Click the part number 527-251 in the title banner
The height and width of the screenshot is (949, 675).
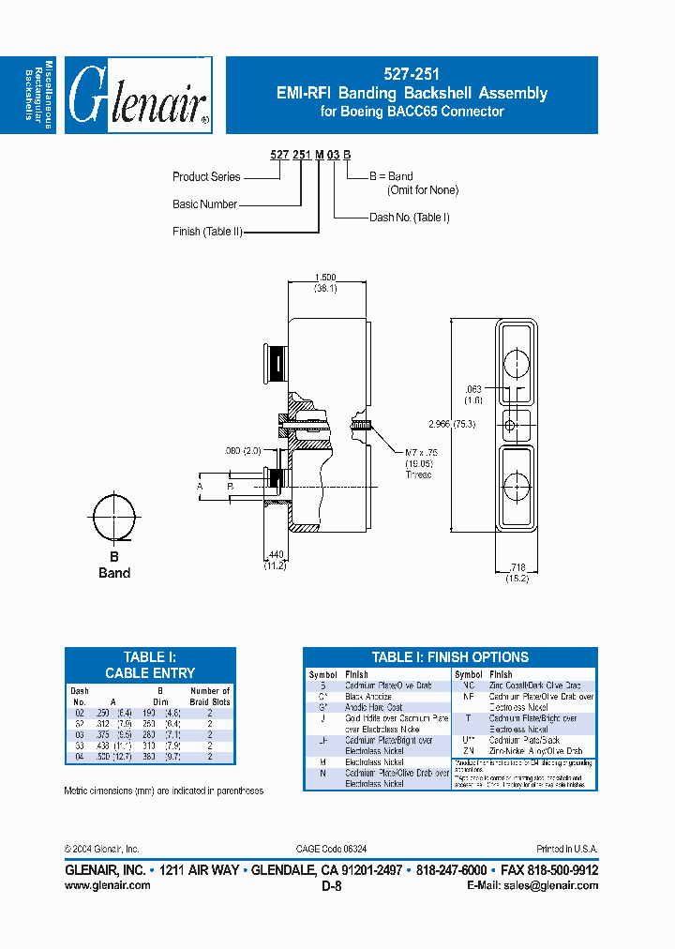(412, 73)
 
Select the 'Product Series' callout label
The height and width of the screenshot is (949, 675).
(206, 176)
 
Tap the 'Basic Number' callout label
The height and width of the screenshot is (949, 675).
(204, 203)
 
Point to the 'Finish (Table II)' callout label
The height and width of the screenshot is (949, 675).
(207, 231)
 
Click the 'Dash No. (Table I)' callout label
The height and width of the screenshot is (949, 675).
(410, 218)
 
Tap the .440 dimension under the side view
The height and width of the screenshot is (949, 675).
(273, 557)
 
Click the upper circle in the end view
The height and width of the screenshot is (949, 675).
(517, 362)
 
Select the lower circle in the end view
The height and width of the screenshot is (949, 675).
(517, 486)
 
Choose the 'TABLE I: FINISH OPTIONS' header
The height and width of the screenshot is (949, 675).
(450, 657)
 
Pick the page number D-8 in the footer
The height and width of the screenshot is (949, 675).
(332, 885)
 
